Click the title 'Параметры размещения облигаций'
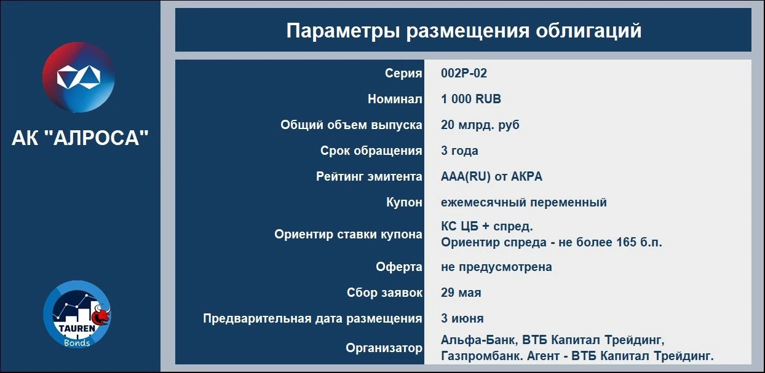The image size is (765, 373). [464, 31]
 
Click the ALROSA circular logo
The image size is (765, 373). [79, 77]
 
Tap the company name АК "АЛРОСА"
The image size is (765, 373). [81, 138]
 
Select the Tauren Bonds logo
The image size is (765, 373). [77, 315]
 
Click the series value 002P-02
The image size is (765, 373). [464, 73]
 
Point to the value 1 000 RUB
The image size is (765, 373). [471, 99]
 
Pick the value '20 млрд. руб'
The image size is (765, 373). [480, 125]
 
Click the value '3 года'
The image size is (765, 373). [459, 151]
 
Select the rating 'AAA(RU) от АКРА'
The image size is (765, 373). [491, 176]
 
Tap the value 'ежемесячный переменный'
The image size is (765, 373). [524, 203]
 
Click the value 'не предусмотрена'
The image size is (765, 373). [496, 267]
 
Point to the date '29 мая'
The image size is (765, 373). [461, 293]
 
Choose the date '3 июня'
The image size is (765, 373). [462, 318]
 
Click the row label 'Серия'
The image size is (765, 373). [403, 73]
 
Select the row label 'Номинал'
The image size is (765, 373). [395, 99]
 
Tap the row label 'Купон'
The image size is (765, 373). [404, 202]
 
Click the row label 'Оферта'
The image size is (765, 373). [399, 267]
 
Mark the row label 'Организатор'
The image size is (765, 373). [384, 348]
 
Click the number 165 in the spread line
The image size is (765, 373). [627, 242]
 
